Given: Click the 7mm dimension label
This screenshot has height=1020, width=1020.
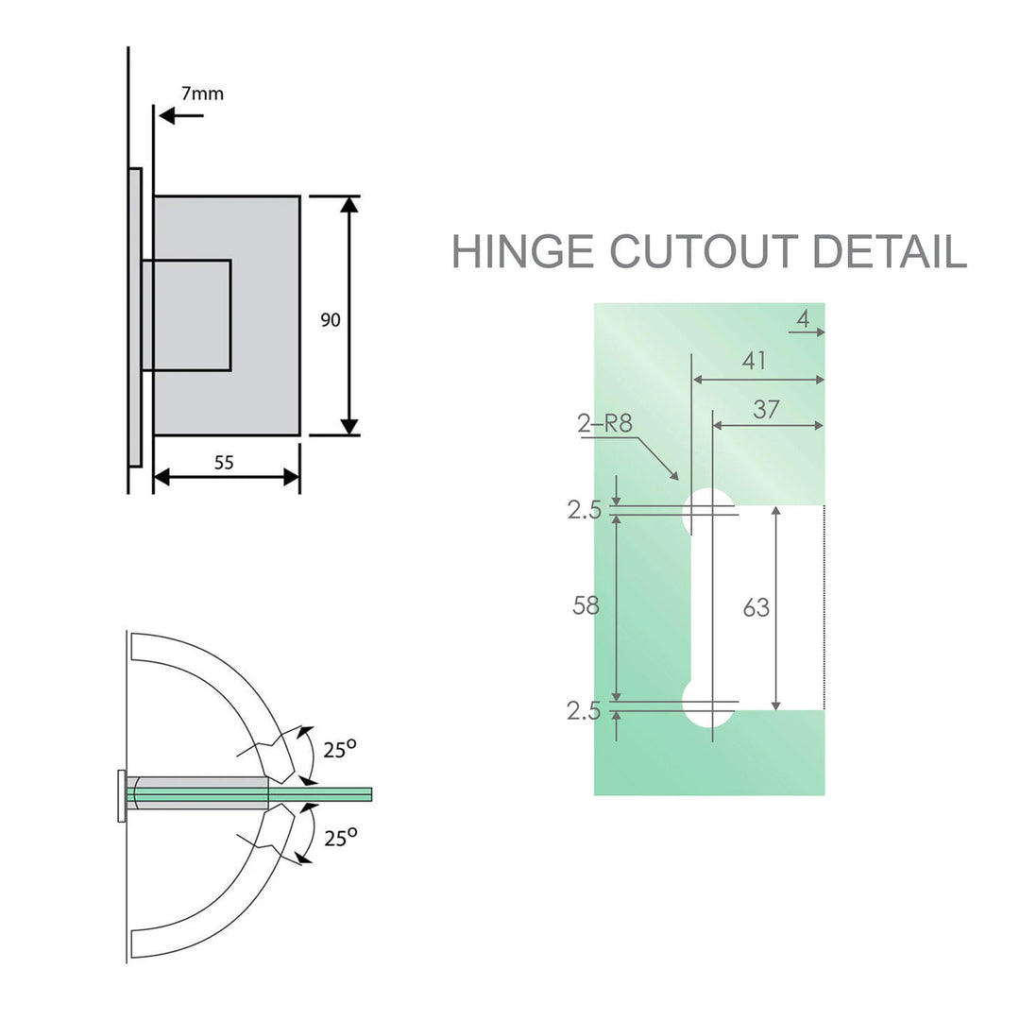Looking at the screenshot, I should pyautogui.click(x=202, y=93).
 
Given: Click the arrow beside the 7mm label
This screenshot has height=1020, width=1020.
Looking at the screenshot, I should pyautogui.click(x=180, y=115).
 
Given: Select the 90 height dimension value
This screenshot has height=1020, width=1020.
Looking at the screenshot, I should pyautogui.click(x=330, y=320).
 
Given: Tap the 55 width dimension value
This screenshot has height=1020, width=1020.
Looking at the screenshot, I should pyautogui.click(x=224, y=462).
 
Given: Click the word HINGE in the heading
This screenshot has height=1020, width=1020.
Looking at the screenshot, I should pyautogui.click(x=522, y=251).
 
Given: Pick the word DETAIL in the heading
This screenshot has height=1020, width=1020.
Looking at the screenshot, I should pyautogui.click(x=890, y=251).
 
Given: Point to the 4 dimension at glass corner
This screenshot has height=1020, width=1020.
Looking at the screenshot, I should pyautogui.click(x=803, y=320).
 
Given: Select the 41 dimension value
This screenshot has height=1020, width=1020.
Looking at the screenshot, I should pyautogui.click(x=754, y=361).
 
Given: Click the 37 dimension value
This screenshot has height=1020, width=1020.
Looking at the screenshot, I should pyautogui.click(x=767, y=408).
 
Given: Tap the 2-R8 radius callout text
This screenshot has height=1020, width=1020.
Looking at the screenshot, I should pyautogui.click(x=604, y=423).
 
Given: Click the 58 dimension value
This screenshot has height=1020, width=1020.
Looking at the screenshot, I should pyautogui.click(x=586, y=606).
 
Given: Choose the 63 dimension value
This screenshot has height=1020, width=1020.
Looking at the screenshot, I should pyautogui.click(x=756, y=608).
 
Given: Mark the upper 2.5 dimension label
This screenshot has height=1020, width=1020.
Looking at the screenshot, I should pyautogui.click(x=584, y=510).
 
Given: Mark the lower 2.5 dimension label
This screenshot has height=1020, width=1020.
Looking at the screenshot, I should pyautogui.click(x=584, y=711).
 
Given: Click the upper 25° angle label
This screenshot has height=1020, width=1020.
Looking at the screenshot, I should pyautogui.click(x=339, y=750).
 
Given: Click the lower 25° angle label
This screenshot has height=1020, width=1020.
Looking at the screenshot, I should pyautogui.click(x=339, y=837).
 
